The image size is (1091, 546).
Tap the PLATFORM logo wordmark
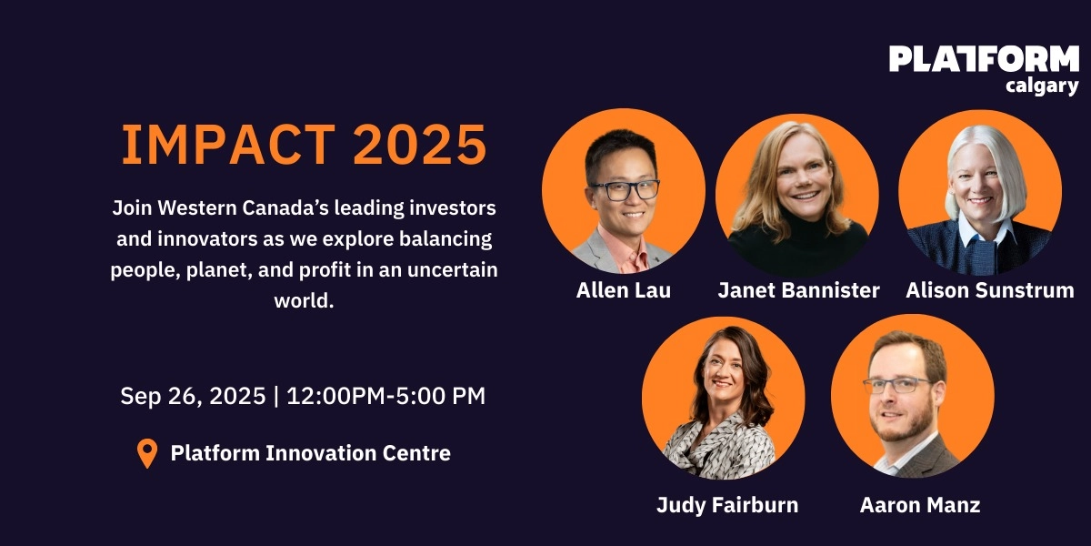pyautogui.click(x=984, y=59)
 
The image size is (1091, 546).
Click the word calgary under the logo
pyautogui.click(x=1042, y=86)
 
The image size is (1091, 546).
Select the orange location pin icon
pyautogui.click(x=146, y=453)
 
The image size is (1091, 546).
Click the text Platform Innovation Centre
pyautogui.click(x=311, y=452)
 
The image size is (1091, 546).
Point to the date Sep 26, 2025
pyautogui.click(x=193, y=397)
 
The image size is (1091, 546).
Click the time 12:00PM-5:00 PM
pyautogui.click(x=385, y=397)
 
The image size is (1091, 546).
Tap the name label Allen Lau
pyautogui.click(x=624, y=290)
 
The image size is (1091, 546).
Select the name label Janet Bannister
pyautogui.click(x=798, y=290)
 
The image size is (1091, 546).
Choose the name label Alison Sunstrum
pyautogui.click(x=990, y=290)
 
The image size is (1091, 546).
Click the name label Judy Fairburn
pyautogui.click(x=727, y=505)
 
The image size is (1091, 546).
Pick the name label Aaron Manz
pyautogui.click(x=920, y=505)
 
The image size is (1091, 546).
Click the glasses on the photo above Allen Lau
pyautogui.click(x=625, y=190)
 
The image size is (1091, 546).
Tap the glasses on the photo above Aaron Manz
pyautogui.click(x=897, y=385)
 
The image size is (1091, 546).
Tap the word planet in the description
pyautogui.click(x=207, y=272)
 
